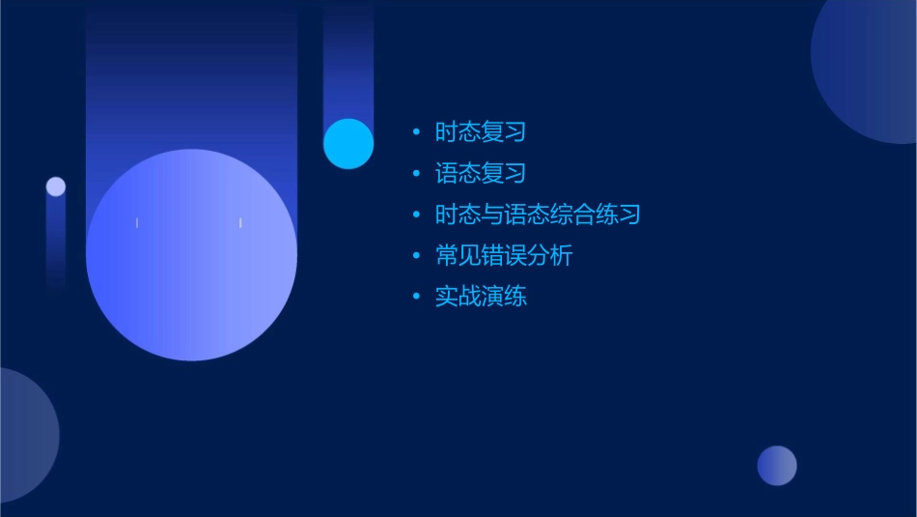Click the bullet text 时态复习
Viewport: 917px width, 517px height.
(x=481, y=132)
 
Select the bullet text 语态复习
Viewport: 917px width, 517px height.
(x=481, y=174)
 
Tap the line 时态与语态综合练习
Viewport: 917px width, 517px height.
(x=538, y=215)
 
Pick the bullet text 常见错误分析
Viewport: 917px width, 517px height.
(x=504, y=256)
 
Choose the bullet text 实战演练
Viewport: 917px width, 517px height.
(x=481, y=297)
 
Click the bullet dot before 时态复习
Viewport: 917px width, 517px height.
(x=416, y=132)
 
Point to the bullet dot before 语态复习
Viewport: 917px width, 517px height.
(x=416, y=174)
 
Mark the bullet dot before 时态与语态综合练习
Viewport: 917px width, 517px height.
(x=416, y=215)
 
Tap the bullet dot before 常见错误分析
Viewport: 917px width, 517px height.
(x=416, y=256)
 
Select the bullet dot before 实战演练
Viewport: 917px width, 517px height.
(x=416, y=297)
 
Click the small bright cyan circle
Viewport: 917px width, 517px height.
(x=348, y=143)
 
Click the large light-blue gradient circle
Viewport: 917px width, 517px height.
(x=191, y=255)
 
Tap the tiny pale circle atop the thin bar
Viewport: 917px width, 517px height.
(x=56, y=187)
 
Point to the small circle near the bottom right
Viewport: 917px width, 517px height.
(x=777, y=466)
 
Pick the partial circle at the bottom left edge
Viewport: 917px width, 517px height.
(x=24, y=435)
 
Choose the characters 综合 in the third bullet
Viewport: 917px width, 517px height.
(x=583, y=215)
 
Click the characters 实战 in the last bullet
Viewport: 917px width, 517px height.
(x=458, y=297)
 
